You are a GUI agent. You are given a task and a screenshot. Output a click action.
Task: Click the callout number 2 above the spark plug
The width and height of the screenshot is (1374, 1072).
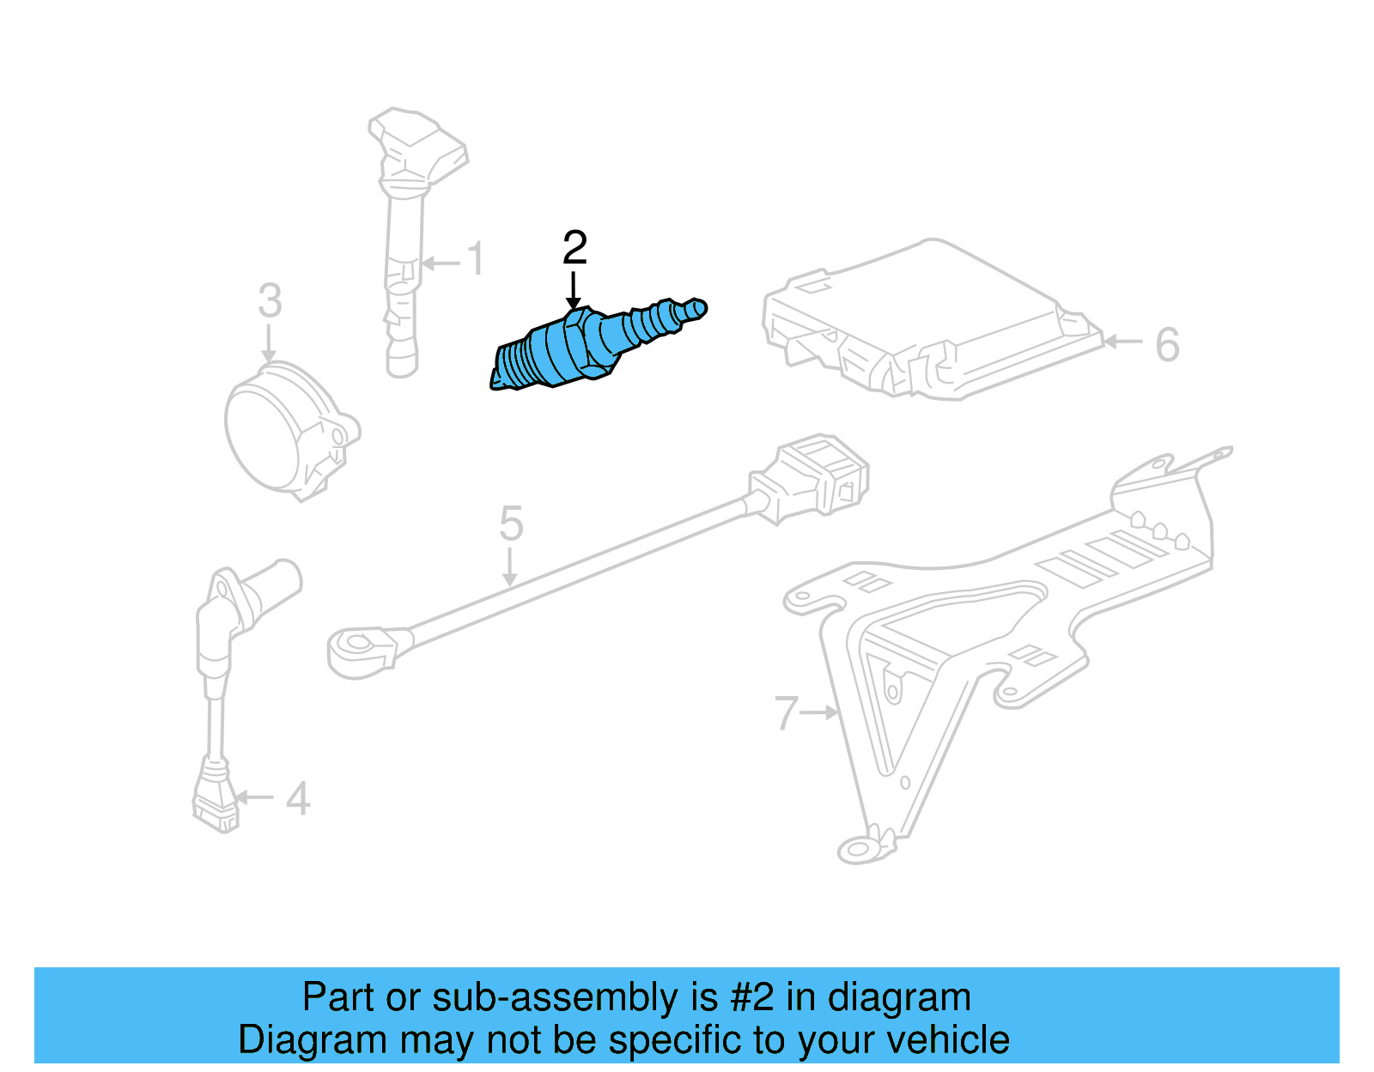click(x=575, y=248)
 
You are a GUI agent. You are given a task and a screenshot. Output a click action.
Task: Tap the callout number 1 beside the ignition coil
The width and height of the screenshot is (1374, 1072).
click(x=475, y=259)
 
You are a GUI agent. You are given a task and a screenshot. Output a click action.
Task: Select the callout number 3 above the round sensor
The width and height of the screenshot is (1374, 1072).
click(x=270, y=301)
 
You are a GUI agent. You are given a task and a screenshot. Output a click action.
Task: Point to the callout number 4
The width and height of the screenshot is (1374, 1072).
click(x=297, y=799)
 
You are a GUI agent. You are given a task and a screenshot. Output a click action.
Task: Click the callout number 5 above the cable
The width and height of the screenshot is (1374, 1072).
click(x=511, y=524)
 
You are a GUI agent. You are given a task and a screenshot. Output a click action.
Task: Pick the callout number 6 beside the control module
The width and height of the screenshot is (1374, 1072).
click(x=1167, y=345)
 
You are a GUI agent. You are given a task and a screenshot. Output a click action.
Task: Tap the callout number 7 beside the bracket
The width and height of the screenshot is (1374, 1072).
click(x=786, y=713)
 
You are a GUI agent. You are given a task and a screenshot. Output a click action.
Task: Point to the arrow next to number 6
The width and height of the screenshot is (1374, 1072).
click(x=1122, y=342)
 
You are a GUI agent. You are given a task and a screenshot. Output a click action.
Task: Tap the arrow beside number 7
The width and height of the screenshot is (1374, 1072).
click(x=820, y=712)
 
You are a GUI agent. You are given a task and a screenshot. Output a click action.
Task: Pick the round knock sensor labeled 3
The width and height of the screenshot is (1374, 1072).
click(x=283, y=429)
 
